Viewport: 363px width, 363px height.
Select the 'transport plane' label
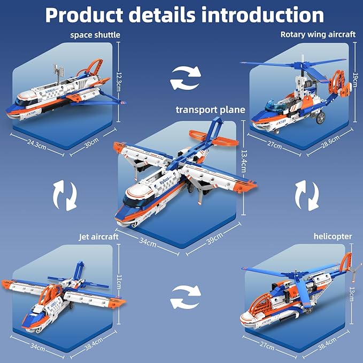pos(211,110)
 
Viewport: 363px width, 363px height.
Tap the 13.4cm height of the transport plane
pos(245,160)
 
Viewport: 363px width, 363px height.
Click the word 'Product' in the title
pos(87,14)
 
